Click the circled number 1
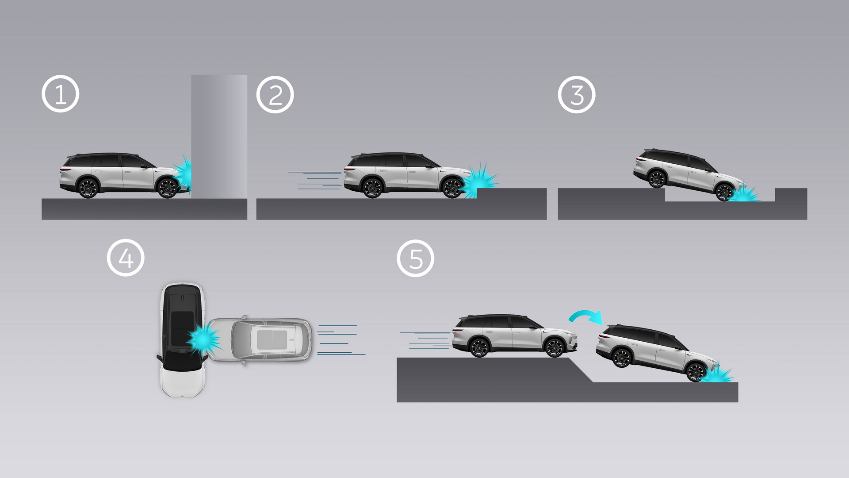(61, 94)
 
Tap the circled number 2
(275, 95)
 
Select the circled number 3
(577, 95)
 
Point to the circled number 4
(126, 258)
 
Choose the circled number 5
(416, 258)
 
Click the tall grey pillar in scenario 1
(219, 136)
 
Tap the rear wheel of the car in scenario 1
(88, 188)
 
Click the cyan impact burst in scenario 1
(183, 173)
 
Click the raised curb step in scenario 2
(512, 193)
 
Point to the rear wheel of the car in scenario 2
(372, 188)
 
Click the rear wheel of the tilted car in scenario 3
(656, 179)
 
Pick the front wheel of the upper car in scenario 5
(554, 348)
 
